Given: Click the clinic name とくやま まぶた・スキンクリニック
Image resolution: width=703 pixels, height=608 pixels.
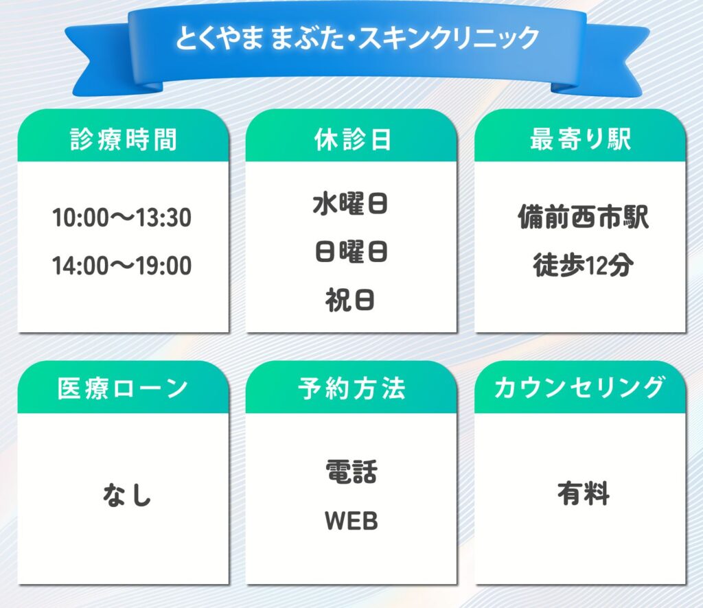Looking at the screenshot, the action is click(357, 38).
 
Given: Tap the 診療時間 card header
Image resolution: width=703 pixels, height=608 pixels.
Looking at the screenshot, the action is click(124, 139).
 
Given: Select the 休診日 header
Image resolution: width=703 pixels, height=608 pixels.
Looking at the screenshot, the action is click(352, 139).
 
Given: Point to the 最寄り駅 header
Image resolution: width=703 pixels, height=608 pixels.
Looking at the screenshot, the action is click(581, 139).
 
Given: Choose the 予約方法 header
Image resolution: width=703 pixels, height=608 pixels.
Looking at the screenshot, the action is click(352, 388).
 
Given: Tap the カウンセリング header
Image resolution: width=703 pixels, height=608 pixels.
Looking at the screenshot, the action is click(579, 388).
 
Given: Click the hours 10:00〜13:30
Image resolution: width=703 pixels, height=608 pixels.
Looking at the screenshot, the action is click(122, 218).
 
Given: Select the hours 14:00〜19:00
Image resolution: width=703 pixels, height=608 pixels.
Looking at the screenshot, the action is click(122, 266).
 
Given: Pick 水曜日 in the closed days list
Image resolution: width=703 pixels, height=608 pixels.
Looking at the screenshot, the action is click(351, 204).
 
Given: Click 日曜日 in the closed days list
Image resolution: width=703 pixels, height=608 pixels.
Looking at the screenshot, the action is click(351, 252).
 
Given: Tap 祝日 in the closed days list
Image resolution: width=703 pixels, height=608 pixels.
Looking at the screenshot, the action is click(350, 300).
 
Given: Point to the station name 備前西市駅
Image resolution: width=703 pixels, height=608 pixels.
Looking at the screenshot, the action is click(584, 218).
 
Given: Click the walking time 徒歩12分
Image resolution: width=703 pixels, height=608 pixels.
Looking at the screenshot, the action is click(584, 266).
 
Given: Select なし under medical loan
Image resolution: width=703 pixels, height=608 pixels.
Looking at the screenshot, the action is click(127, 495).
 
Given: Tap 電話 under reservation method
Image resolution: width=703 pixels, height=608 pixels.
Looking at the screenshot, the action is click(351, 472).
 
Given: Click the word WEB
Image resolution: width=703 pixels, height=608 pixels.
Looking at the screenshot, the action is click(351, 521).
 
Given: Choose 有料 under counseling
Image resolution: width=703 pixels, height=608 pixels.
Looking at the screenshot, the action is click(584, 494).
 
